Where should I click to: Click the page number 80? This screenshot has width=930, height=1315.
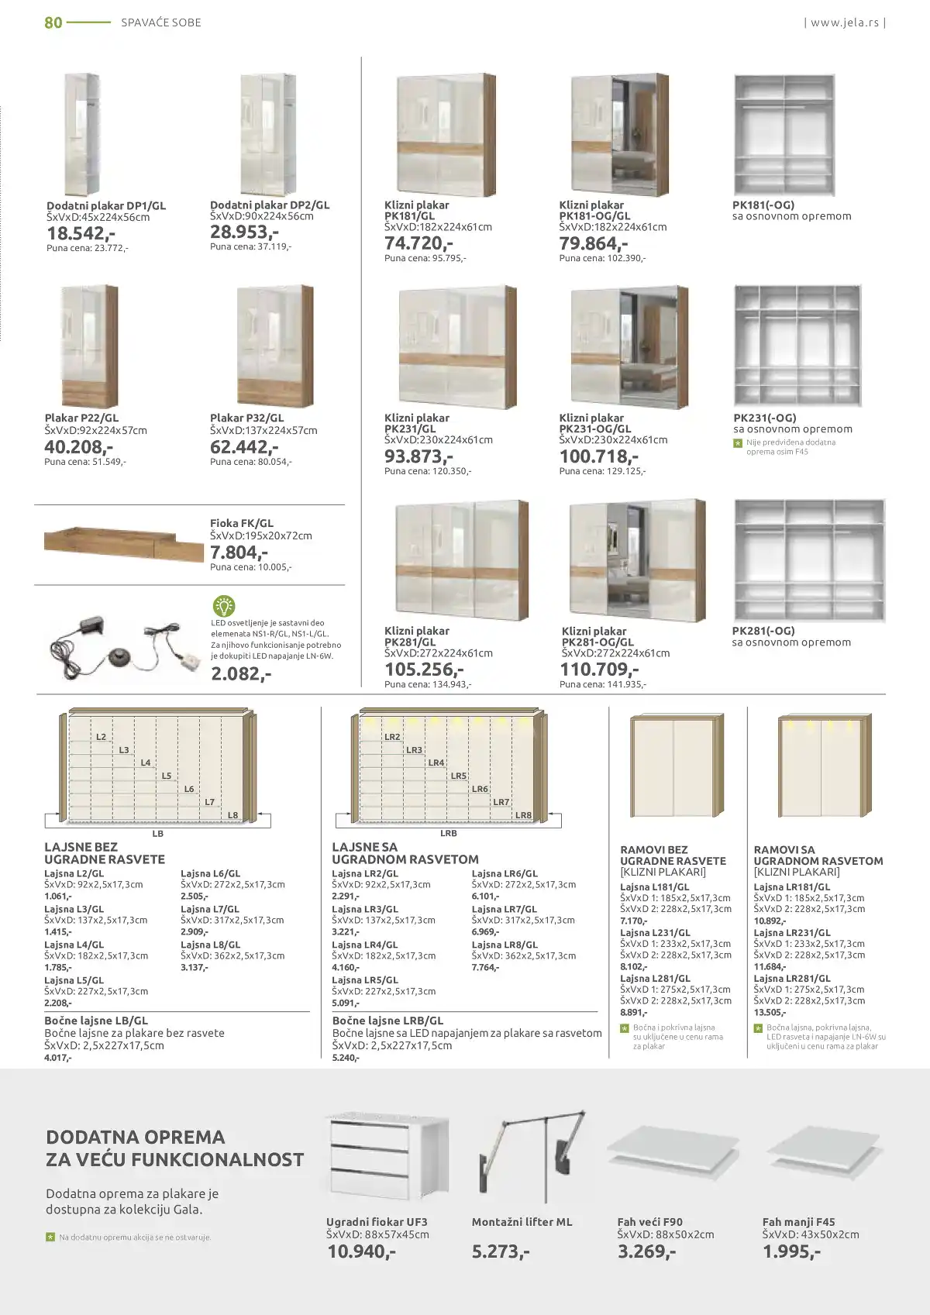[53, 22]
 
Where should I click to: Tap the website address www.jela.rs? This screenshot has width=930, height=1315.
[845, 22]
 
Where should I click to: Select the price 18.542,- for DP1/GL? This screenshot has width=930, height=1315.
[81, 233]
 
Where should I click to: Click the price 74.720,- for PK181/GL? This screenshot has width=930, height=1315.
[418, 243]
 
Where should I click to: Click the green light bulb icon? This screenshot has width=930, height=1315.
[223, 605]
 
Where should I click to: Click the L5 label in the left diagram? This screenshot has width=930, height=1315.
[167, 776]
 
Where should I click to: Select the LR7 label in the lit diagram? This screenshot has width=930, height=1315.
[501, 802]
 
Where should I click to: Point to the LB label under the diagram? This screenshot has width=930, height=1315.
[158, 834]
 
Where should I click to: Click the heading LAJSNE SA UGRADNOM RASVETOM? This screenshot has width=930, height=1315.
[405, 853]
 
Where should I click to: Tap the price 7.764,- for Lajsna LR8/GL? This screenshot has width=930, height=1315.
[485, 967]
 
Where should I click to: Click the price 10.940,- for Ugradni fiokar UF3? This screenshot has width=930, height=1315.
[361, 1251]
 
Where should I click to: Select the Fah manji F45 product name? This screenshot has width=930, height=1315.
[798, 1222]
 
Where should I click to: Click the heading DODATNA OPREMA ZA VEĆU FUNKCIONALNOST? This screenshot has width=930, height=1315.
[174, 1148]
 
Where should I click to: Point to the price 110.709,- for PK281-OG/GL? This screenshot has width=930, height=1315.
[599, 670]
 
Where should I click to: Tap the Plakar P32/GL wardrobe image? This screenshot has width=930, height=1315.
[275, 346]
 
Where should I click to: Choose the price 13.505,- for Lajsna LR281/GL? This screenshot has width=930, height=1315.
[770, 1012]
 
